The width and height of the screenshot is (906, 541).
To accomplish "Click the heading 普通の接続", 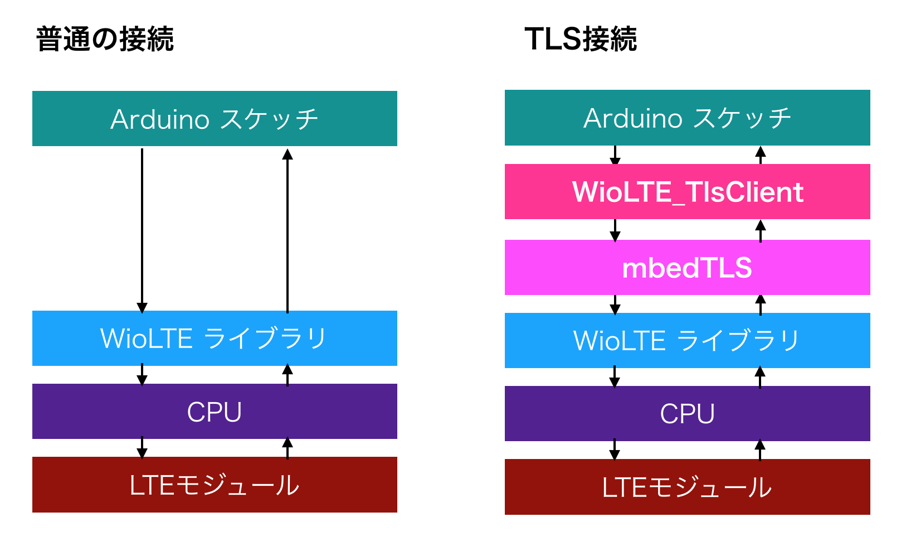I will (x=105, y=40).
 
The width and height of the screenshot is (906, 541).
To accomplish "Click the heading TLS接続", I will (x=580, y=40).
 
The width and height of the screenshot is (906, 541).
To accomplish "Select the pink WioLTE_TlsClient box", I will (x=687, y=191).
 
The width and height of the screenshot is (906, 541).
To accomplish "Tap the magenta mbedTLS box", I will (x=687, y=267).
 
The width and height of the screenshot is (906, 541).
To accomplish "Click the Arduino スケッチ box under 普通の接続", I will (x=215, y=118).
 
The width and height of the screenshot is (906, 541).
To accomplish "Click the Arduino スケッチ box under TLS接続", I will (x=687, y=118).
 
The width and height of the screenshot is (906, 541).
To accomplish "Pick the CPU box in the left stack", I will (x=215, y=412).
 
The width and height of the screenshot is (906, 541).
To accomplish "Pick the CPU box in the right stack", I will (x=687, y=413).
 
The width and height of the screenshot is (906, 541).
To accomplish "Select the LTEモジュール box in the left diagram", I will (x=215, y=485).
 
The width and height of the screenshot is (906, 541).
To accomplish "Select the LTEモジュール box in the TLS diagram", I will (x=687, y=487).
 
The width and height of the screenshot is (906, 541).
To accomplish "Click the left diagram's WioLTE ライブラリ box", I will (x=215, y=338).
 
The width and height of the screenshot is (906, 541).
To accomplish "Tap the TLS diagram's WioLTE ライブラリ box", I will (x=687, y=340).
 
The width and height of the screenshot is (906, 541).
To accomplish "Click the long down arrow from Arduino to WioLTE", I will (x=142, y=229).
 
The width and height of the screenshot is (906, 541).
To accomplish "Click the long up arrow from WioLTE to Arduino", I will (x=288, y=229).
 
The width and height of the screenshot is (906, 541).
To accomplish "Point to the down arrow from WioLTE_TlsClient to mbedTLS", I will (x=615, y=230).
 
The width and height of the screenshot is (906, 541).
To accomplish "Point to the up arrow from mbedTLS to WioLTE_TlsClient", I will (x=760, y=230).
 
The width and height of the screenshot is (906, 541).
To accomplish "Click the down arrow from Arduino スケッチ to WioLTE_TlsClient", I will (x=615, y=155).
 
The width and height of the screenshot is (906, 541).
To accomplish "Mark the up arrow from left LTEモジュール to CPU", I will (x=288, y=448).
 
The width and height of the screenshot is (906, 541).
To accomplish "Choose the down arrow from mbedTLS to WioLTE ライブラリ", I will (x=615, y=305).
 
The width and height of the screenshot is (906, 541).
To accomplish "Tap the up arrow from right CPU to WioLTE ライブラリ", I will (x=760, y=377).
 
